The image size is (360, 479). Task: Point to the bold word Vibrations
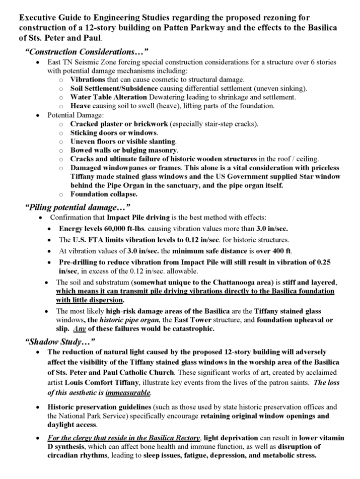(88, 80)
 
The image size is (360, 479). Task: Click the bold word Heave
(81, 105)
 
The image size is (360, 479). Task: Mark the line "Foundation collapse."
(103, 194)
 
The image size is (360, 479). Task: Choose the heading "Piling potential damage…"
(78, 207)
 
